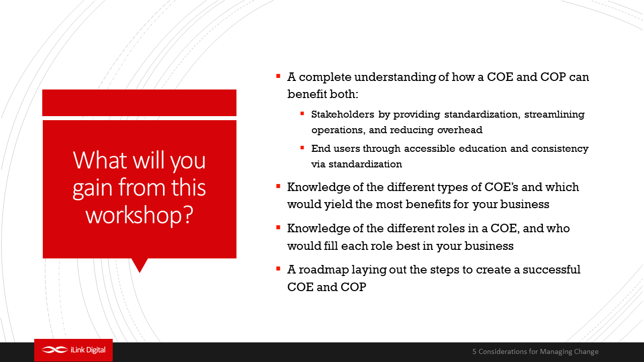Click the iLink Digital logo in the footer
[x=73, y=350]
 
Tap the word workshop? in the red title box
[x=139, y=215]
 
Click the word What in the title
[x=100, y=160]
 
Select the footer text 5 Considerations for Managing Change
[x=535, y=351]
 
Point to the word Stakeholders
[x=343, y=114]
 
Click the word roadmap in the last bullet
[x=324, y=270]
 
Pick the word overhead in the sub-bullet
[x=460, y=130]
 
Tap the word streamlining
[x=554, y=115]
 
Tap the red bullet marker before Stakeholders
[x=302, y=114]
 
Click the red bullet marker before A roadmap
[x=278, y=269]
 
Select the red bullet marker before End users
[x=302, y=148]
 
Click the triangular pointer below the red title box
[x=140, y=264]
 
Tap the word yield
[x=339, y=205]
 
